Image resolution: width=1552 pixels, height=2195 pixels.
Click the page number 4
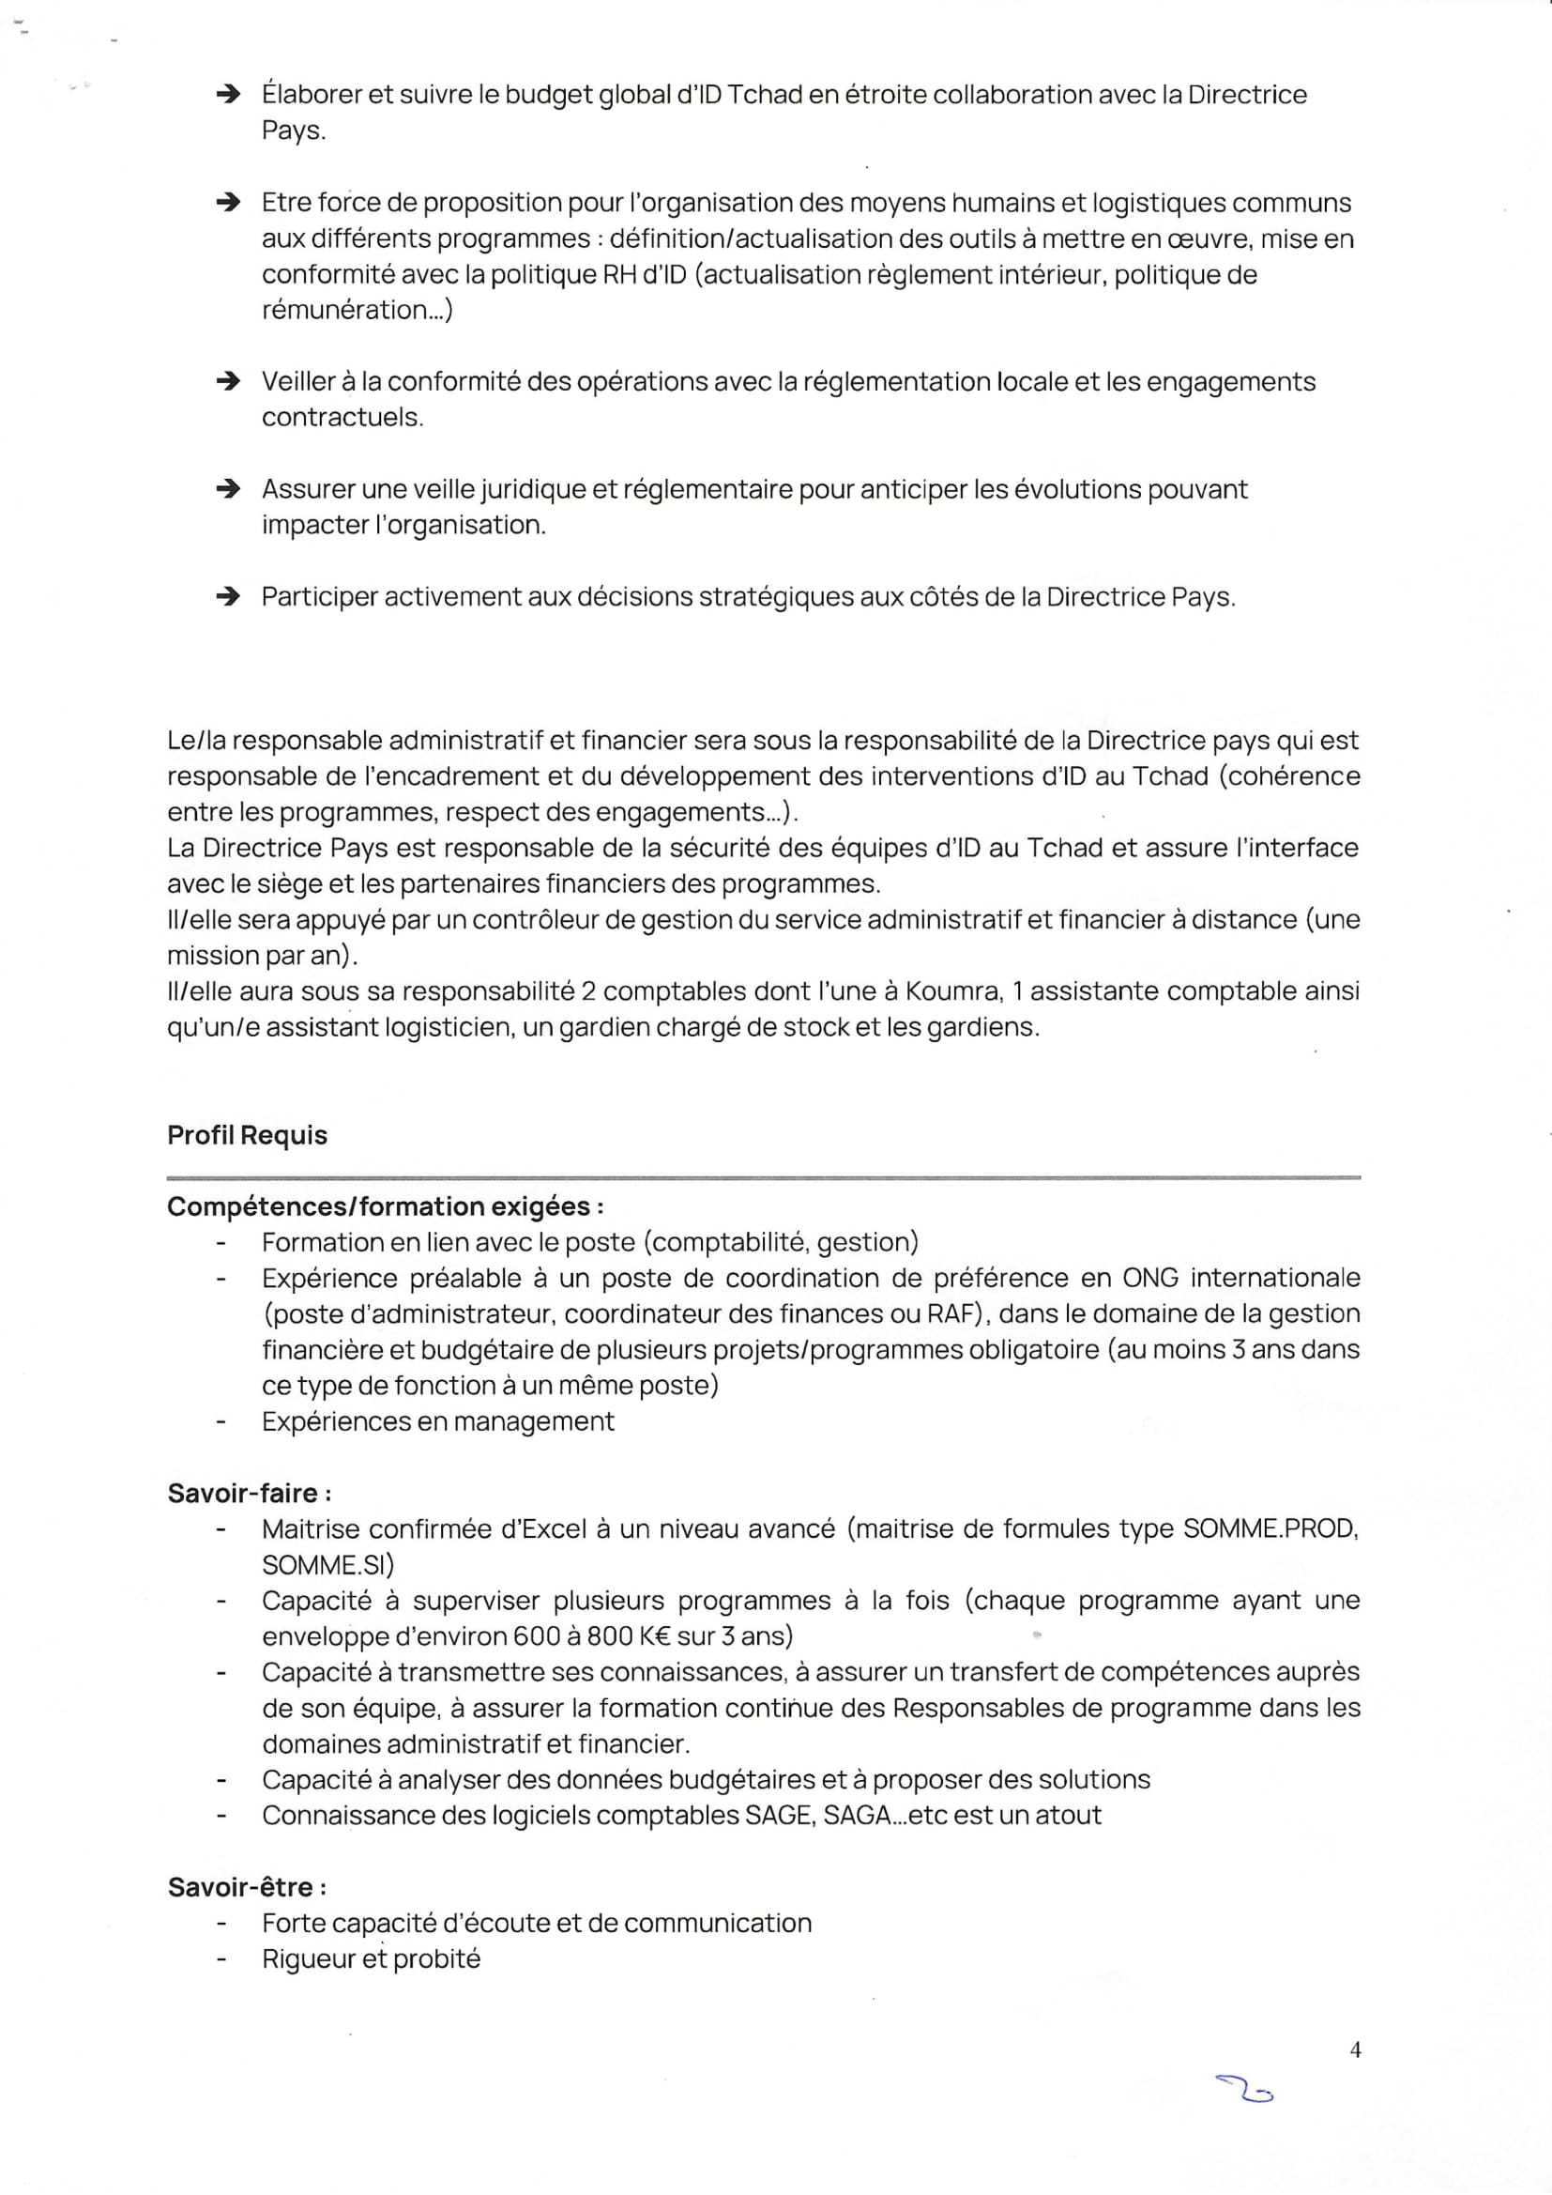pos(1355,2049)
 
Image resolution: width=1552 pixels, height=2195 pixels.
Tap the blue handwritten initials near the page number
pos(1244,2090)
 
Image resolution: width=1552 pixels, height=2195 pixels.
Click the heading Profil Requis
pos(247,1135)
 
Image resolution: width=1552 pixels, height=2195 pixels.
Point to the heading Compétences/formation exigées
pos(384,1206)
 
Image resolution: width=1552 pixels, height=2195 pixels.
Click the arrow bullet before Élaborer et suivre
pos(227,94)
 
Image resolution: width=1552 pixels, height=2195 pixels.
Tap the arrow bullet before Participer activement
pos(227,596)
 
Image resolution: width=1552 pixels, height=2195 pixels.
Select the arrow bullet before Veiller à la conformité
pos(227,381)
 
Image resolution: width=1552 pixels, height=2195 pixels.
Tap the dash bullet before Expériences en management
pos(221,1421)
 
